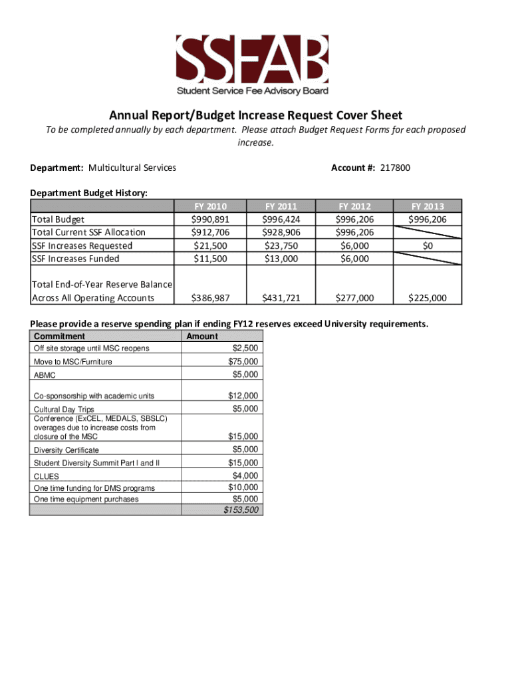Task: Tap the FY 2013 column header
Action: click(426, 206)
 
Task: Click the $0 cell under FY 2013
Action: click(426, 245)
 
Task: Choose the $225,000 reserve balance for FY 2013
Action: click(427, 298)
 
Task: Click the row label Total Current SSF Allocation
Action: click(88, 232)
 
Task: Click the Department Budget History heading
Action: click(88, 193)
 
